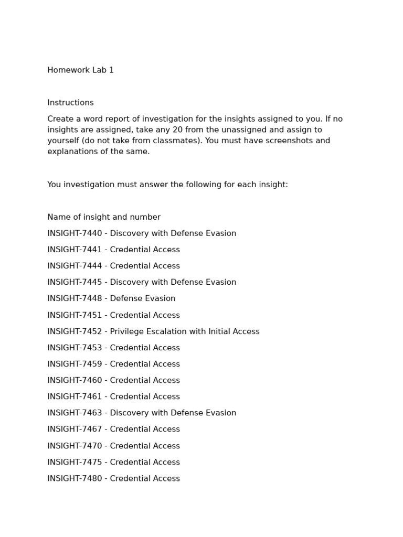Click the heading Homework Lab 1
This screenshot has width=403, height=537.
coord(80,70)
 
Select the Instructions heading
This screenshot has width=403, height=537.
coord(70,103)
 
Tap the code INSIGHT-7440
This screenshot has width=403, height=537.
coord(75,233)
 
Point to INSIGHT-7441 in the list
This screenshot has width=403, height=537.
coord(75,250)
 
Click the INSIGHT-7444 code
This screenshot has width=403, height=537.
coord(75,266)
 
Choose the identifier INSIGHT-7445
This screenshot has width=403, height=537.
coord(75,282)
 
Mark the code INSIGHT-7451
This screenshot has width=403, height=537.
coord(75,315)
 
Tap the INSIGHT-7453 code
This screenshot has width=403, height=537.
coord(75,348)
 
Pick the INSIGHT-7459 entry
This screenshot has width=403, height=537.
coord(75,364)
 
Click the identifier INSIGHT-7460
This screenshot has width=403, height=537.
coord(75,380)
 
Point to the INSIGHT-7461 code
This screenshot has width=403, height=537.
coord(75,396)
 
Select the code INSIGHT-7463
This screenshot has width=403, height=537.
coord(75,413)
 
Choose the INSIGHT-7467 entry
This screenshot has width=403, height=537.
coord(75,429)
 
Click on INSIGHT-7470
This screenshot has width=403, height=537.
coord(75,446)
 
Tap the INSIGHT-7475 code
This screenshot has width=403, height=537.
coord(75,462)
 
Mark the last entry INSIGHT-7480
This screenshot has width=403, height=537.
coord(75,478)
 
